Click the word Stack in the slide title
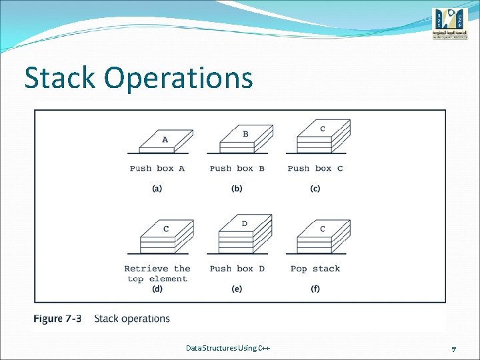pyautogui.click(x=61, y=78)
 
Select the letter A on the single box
pyautogui.click(x=165, y=140)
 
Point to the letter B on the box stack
pyautogui.click(x=245, y=134)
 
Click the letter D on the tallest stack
pyautogui.click(x=245, y=223)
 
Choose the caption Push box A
pyautogui.click(x=157, y=169)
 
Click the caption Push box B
pyautogui.click(x=237, y=169)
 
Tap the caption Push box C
pyautogui.click(x=315, y=169)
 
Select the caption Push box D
pyautogui.click(x=237, y=269)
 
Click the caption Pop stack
pyautogui.click(x=315, y=269)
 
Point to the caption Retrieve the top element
pyautogui.click(x=157, y=273)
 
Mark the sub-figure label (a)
pyautogui.click(x=157, y=189)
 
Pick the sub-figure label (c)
pyautogui.click(x=315, y=189)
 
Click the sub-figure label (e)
pyautogui.click(x=237, y=289)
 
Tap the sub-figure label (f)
pyautogui.click(x=315, y=289)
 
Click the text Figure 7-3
pyautogui.click(x=57, y=319)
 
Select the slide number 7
pyautogui.click(x=453, y=349)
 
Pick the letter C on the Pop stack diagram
pyautogui.click(x=323, y=229)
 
